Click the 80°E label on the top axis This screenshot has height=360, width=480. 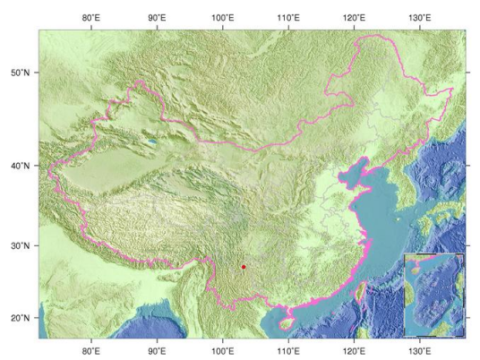(90, 17)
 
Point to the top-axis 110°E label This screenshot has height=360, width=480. (288, 17)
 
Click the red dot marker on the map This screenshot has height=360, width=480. (244, 267)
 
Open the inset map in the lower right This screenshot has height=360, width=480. (434, 295)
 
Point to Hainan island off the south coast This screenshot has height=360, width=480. (287, 316)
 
